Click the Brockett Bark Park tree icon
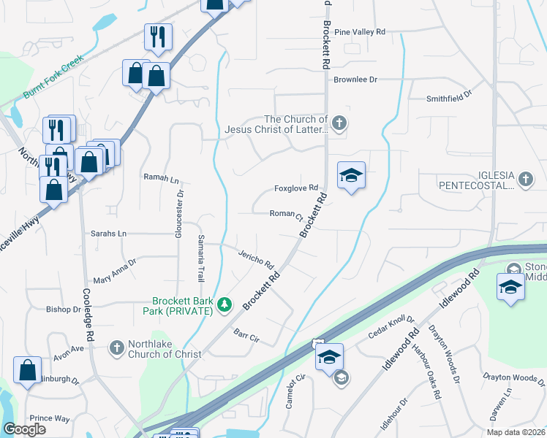coord(226,304)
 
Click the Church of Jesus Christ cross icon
coord(339,124)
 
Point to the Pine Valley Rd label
coord(359,33)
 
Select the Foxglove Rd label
coord(296,188)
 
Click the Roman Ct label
coord(287,214)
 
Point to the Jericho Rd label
coord(255,258)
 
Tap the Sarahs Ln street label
coord(108,234)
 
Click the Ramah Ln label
coord(162,177)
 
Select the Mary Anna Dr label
coord(115,271)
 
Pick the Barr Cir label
coord(246,335)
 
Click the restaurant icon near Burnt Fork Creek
coord(159,36)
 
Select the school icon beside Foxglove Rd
coord(351,176)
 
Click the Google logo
coord(24,429)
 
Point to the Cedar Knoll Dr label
coord(392,330)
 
